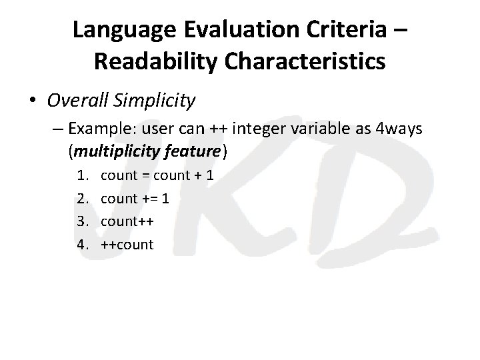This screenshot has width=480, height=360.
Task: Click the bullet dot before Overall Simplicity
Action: click(33, 101)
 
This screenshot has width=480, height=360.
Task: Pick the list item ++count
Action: click(128, 245)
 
